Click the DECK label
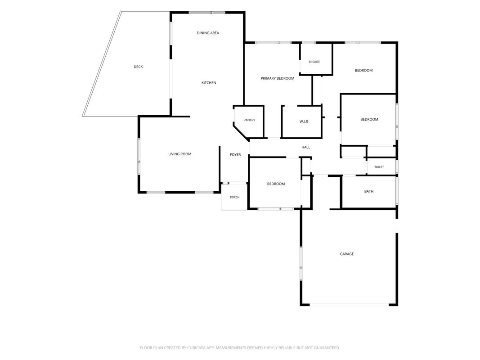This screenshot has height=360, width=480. point(138,67)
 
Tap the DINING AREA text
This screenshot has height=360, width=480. point(208,33)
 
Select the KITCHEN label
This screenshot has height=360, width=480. point(209,83)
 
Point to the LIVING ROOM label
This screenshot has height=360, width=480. point(179,154)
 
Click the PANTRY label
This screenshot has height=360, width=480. point(249,120)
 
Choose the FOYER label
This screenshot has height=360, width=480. point(235,155)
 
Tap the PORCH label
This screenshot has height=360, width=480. point(235,197)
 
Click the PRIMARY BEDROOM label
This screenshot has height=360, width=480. point(278,78)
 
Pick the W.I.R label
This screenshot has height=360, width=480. point(304,121)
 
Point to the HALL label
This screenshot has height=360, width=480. point(306,147)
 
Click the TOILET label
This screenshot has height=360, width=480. point(379,167)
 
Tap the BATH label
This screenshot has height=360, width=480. point(369,191)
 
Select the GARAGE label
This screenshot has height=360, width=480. point(347,254)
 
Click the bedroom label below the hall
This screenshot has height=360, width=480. point(276,184)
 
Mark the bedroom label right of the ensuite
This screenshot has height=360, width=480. point(363,70)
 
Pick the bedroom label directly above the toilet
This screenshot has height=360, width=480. point(369,119)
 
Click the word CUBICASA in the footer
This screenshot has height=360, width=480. point(199,348)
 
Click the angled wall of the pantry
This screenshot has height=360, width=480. point(242,132)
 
